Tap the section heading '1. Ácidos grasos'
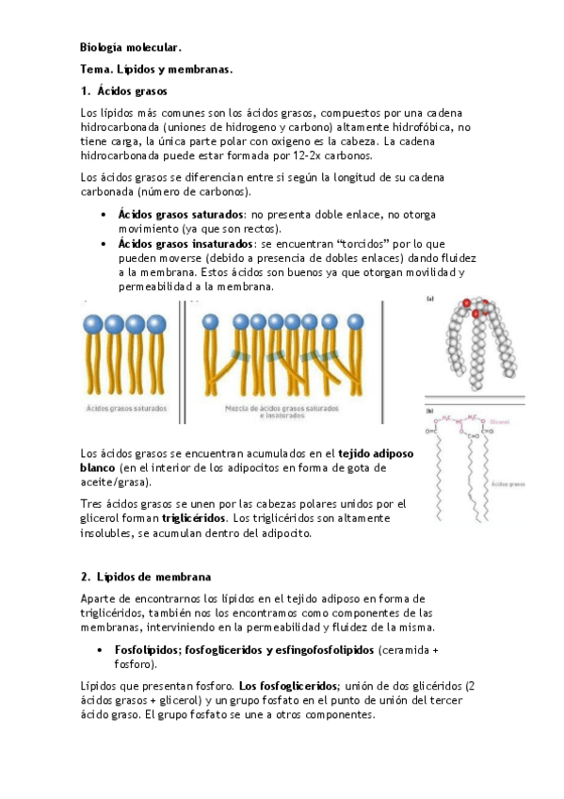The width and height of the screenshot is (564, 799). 124,91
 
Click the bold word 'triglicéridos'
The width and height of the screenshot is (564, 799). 193,518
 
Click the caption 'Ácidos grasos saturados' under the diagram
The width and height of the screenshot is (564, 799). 127,409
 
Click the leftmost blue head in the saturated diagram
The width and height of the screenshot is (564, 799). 93,324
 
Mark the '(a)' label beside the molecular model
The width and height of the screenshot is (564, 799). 429,300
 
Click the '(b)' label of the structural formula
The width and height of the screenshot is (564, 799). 429,410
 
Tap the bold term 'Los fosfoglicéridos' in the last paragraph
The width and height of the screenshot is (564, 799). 282,685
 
